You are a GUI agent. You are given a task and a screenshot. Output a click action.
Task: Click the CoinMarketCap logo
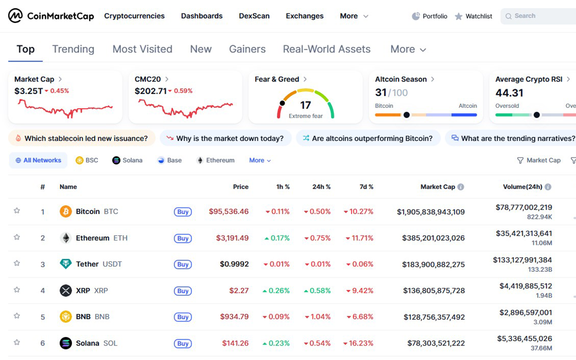[x=51, y=16]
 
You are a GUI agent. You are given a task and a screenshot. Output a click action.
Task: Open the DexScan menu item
[x=254, y=16]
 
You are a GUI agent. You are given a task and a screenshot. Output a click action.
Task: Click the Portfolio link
[x=430, y=16]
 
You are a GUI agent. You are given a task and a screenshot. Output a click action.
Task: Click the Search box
[x=538, y=16]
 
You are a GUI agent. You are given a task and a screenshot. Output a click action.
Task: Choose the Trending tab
[x=73, y=49]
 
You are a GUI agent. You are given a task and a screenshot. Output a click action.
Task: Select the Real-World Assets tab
[x=326, y=49]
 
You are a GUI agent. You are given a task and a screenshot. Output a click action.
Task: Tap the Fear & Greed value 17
[x=305, y=105]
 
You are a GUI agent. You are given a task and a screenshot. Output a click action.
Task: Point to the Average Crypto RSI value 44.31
[x=509, y=93]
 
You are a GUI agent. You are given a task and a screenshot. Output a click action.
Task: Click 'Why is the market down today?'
[x=225, y=138]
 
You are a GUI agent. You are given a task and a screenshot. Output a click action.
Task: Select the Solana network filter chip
[x=127, y=160]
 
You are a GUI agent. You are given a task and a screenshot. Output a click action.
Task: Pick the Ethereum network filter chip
[x=216, y=160]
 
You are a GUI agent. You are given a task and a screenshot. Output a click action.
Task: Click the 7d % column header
[x=366, y=187]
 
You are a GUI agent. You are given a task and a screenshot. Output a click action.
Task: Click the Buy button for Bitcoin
[x=183, y=212]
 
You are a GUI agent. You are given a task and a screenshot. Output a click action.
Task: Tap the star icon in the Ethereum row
[x=17, y=237]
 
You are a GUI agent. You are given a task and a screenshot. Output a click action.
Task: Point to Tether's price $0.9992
[x=234, y=264]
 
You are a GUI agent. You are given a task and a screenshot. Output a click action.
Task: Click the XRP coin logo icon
[x=65, y=290]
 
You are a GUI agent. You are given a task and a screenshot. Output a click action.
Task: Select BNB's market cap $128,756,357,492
[x=431, y=317]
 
